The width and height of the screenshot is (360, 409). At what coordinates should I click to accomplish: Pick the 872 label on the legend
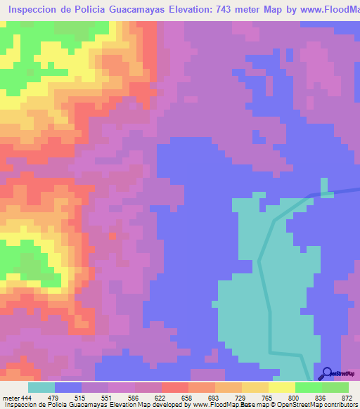pos(347,398)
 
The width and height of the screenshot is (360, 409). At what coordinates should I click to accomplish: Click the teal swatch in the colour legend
pos(41,387)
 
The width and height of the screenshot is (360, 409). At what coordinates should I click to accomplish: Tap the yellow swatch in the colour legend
pos(281,387)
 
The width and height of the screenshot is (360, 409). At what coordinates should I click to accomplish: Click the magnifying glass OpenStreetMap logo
pos(327,373)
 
